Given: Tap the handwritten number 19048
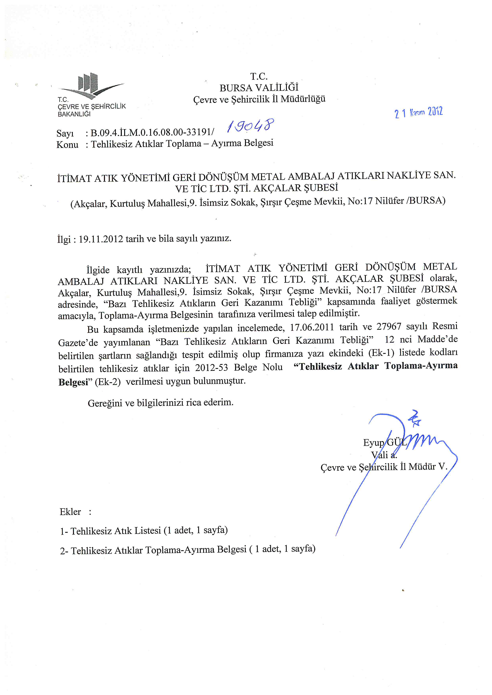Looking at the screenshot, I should point(251,125).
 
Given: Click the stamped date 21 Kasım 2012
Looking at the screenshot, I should point(419,113).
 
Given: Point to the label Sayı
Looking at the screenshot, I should point(65,133).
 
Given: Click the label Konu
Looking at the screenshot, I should point(67,145).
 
